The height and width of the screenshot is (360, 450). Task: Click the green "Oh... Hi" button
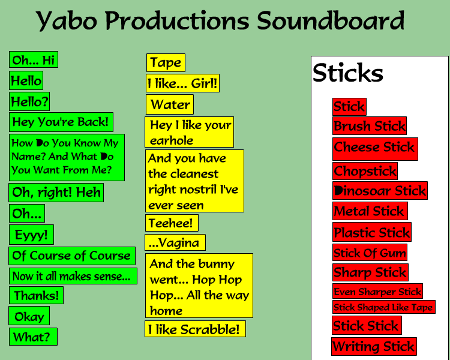[34, 60]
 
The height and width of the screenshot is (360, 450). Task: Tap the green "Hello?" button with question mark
[29, 101]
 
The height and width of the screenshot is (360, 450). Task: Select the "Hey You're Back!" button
[61, 122]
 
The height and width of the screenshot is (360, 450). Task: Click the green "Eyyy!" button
[31, 235]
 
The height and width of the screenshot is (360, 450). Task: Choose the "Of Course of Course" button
[72, 256]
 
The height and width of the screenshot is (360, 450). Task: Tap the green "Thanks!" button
[36, 295]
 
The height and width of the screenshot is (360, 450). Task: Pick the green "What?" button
[33, 337]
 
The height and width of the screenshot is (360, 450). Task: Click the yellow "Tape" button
[166, 62]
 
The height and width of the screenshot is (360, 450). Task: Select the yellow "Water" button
[170, 104]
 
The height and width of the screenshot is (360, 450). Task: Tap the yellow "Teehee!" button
[172, 223]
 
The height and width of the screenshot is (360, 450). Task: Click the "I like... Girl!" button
[182, 83]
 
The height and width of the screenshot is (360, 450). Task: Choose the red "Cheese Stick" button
[375, 149]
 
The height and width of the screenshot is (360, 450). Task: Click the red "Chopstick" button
[365, 171]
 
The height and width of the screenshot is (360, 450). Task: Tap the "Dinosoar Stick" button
[380, 190]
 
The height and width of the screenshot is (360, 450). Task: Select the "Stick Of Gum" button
[370, 253]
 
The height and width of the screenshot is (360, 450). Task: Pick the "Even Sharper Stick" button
[377, 291]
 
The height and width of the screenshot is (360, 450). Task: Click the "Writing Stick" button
[374, 347]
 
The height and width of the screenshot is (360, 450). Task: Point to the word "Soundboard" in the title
[331, 20]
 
